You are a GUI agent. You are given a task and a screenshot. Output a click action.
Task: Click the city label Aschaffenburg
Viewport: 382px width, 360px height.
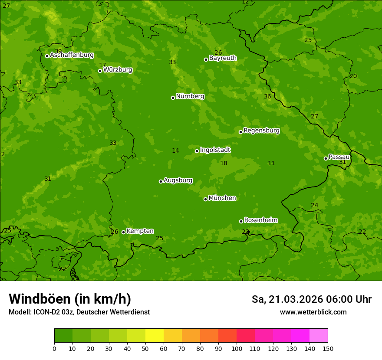click(72, 55)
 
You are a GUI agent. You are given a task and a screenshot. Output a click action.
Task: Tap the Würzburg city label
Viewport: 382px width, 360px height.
click(118, 70)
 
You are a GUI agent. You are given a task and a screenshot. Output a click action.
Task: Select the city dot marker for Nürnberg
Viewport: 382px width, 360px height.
click(173, 98)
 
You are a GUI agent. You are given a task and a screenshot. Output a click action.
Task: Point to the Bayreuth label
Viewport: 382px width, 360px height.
click(223, 58)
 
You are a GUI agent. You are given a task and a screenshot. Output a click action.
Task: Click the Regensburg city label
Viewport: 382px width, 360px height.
click(261, 131)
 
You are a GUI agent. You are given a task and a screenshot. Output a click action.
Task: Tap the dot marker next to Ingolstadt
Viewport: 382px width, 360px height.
click(197, 151)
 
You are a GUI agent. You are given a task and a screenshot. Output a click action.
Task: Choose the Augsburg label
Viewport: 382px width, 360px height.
click(178, 180)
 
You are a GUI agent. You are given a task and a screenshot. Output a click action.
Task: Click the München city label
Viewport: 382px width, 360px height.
click(222, 198)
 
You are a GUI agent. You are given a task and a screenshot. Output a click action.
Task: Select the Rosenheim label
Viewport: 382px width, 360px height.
click(260, 220)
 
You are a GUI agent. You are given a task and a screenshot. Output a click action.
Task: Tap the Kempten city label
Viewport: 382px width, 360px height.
click(140, 231)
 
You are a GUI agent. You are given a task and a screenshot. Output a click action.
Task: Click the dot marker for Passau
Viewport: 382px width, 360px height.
click(326, 158)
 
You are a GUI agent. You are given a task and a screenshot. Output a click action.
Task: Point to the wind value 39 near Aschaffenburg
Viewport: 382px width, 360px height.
click(58, 51)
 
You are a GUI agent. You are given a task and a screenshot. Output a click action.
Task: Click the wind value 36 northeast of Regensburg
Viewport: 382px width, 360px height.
click(267, 97)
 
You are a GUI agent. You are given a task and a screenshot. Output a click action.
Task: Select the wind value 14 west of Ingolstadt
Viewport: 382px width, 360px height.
click(175, 151)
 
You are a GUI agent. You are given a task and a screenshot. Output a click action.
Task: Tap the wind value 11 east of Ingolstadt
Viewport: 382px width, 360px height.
click(271, 164)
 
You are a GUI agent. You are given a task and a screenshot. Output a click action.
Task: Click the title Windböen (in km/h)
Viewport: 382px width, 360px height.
click(70, 299)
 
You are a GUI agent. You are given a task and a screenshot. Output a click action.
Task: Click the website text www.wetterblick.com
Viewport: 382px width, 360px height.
click(313, 312)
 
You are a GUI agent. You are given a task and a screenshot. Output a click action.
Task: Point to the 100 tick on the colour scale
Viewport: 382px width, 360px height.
click(237, 348)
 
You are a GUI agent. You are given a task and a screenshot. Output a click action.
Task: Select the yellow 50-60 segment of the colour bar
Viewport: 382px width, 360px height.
click(155, 336)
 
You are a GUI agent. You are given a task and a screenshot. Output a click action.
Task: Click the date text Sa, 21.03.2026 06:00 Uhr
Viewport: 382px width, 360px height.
click(311, 299)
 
